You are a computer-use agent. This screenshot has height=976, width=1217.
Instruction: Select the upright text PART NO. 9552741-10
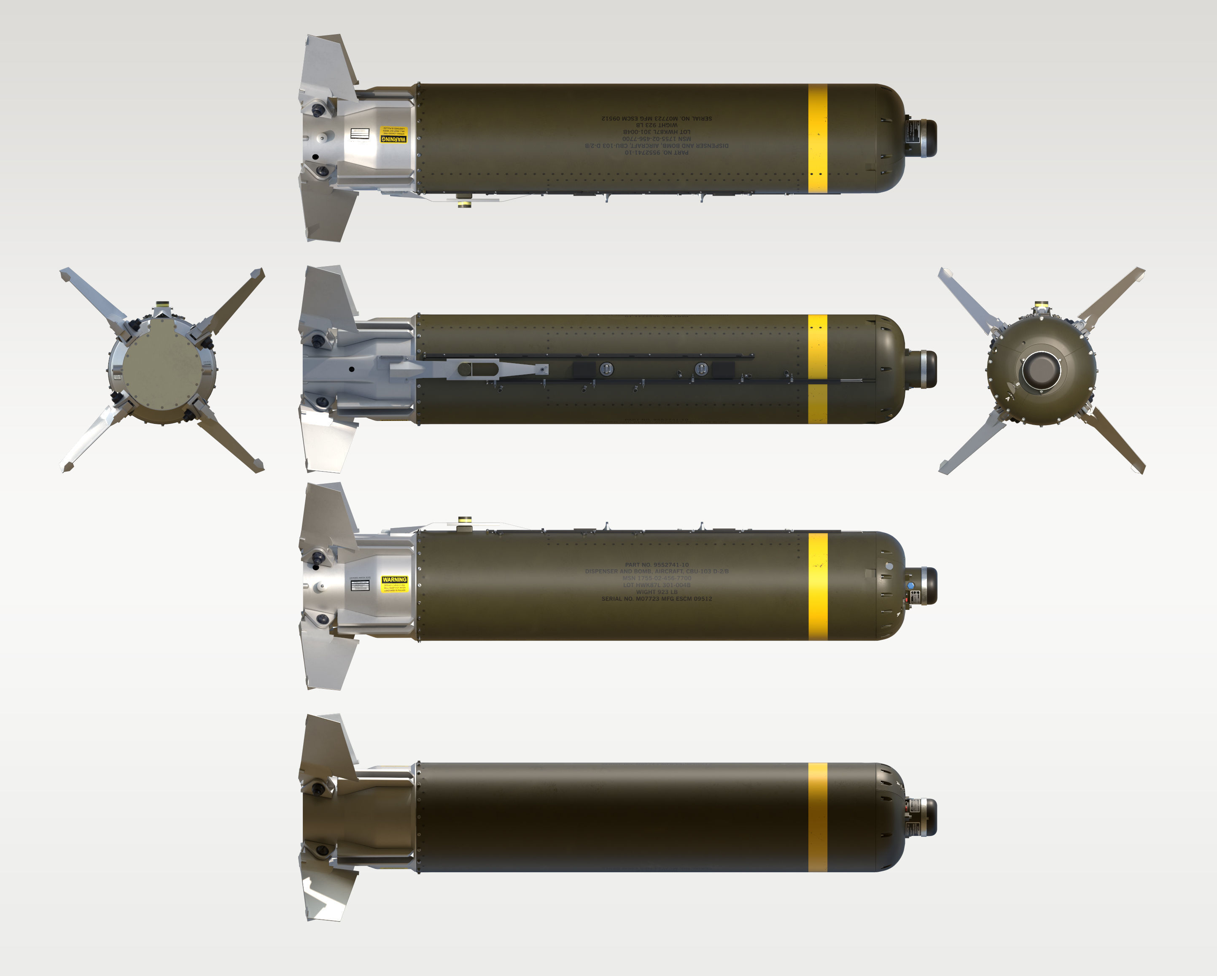pyautogui.click(x=657, y=564)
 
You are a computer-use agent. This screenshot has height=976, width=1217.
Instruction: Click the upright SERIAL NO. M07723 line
pyautogui.click(x=657, y=599)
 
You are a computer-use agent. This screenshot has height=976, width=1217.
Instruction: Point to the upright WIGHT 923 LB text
pyautogui.click(x=657, y=592)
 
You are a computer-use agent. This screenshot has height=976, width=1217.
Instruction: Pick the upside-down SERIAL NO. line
pyautogui.click(x=657, y=119)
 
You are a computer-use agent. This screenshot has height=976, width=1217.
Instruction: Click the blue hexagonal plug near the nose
pyautogui.click(x=910, y=586)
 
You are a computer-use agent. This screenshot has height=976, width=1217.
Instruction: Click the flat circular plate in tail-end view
pyautogui.click(x=162, y=370)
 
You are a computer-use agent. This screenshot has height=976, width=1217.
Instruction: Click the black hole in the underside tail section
pyautogui.click(x=352, y=369)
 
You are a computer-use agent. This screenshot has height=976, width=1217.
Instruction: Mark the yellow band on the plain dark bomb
pyautogui.click(x=817, y=817)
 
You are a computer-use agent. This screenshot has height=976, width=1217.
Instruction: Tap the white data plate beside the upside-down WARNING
pyautogui.click(x=359, y=134)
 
